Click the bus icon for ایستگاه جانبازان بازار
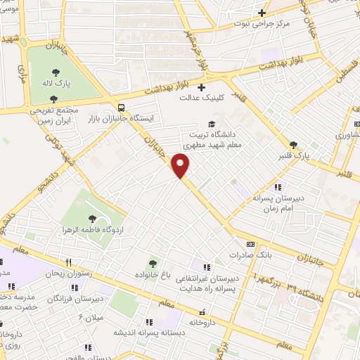123,108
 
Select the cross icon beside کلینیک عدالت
201,87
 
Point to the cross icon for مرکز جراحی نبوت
262,12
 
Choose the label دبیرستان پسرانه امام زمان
280,204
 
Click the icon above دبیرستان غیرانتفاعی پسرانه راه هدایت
207,267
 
